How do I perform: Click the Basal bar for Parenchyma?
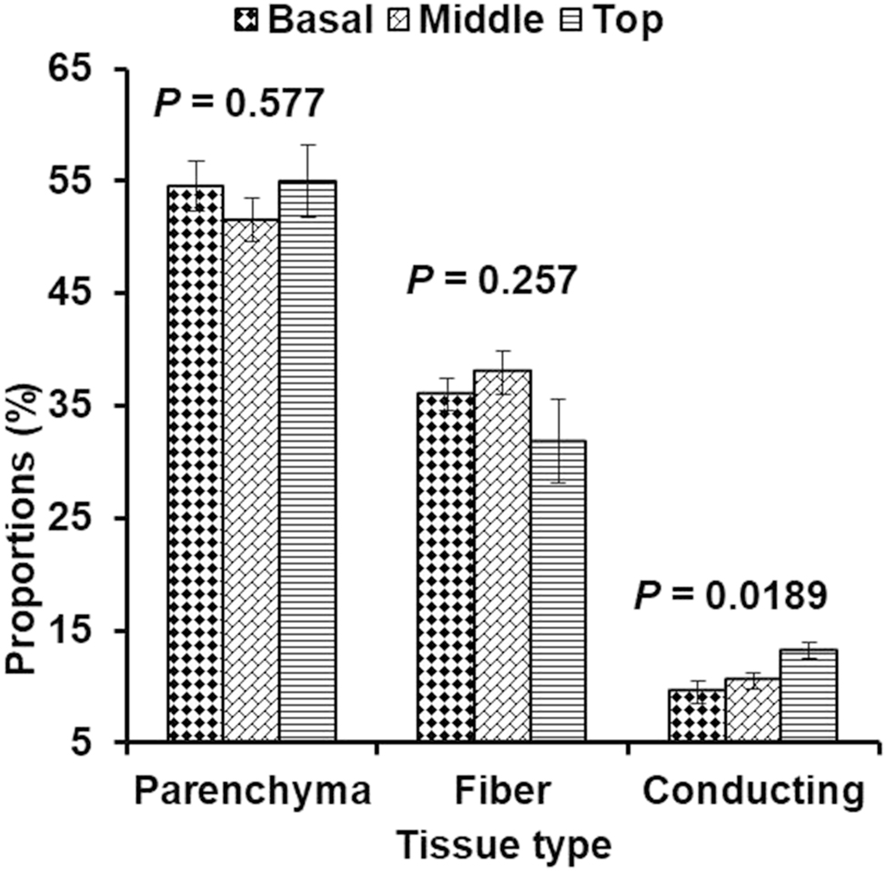(x=196, y=464)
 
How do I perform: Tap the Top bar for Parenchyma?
(x=307, y=461)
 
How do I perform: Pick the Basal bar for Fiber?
(x=446, y=567)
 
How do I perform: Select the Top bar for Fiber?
(x=558, y=591)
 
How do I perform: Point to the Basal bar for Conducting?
(x=696, y=716)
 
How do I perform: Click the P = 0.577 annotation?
(x=237, y=105)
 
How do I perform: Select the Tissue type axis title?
(x=505, y=845)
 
